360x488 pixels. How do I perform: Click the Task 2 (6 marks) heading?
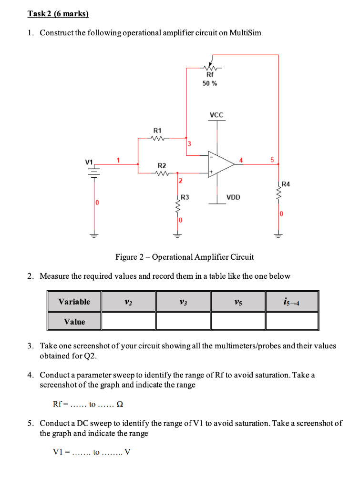click(x=58, y=14)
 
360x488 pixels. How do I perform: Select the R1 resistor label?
click(x=157, y=130)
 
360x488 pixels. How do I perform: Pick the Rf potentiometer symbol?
click(x=210, y=67)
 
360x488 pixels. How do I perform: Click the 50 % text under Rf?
click(x=210, y=83)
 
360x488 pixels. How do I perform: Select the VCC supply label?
click(x=216, y=115)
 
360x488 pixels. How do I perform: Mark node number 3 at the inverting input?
click(x=189, y=143)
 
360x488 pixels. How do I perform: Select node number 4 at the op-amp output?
click(x=241, y=160)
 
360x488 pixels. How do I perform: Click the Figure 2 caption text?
click(x=185, y=257)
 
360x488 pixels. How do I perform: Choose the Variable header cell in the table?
click(x=74, y=302)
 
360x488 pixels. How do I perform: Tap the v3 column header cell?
click(x=183, y=302)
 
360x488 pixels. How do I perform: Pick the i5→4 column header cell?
click(x=292, y=302)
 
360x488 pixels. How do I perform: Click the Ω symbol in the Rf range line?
click(x=120, y=405)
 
